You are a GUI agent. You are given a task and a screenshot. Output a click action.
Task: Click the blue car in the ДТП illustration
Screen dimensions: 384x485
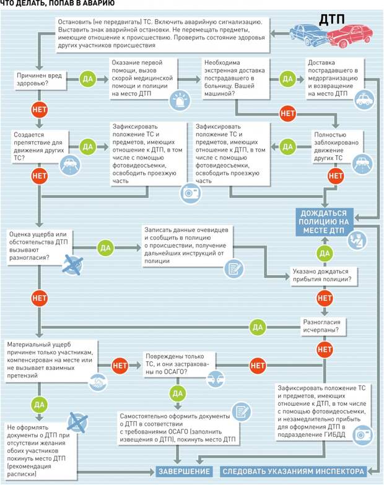(308, 35)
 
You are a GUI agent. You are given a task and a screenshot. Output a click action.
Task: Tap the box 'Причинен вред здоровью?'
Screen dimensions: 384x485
(40, 79)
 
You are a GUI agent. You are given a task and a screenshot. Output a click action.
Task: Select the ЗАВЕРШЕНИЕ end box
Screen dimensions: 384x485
(185, 471)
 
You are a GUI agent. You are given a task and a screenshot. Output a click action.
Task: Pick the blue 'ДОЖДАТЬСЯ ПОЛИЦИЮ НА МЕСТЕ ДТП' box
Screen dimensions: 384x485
(324, 221)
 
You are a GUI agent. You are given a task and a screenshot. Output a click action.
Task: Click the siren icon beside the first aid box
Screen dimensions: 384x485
(180, 100)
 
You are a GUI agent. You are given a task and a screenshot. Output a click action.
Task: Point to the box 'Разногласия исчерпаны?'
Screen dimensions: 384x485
(323, 326)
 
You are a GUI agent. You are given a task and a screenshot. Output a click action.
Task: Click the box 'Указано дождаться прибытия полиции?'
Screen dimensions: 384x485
(323, 275)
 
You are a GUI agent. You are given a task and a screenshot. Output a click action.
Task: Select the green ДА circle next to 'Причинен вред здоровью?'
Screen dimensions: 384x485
(88, 79)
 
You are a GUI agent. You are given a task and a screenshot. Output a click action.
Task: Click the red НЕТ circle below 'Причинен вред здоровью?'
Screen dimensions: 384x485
(40, 109)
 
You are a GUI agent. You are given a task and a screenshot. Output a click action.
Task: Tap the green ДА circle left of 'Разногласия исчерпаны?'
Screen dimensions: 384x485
(258, 327)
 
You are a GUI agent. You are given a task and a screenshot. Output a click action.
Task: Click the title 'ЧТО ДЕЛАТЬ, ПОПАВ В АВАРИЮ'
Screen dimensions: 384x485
(58, 4)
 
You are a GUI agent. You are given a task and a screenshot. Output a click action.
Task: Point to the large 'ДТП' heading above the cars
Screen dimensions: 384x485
(332, 19)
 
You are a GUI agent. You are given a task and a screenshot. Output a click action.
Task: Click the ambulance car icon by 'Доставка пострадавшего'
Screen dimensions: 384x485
(364, 100)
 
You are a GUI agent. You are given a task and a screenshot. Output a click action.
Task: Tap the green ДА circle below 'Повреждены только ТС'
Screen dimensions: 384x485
(177, 393)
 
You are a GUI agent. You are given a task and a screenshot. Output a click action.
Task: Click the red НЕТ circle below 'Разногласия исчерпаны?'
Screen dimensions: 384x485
(325, 350)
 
